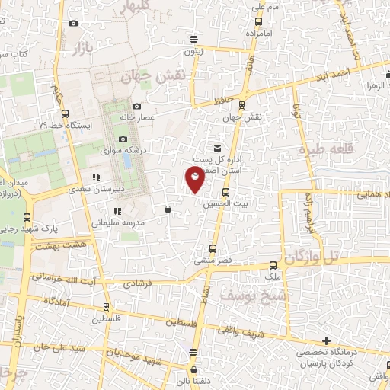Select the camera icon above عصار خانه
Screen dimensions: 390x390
click(136, 107)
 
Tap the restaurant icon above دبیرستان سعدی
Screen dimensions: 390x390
click(96, 177)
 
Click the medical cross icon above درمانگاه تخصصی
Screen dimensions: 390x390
click(327, 340)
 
